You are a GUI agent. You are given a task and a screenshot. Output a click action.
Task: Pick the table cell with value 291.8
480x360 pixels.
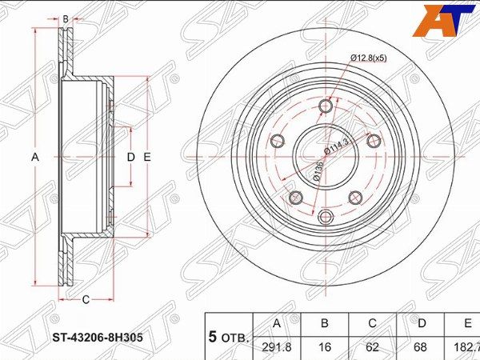pyautogui.click(x=277, y=348)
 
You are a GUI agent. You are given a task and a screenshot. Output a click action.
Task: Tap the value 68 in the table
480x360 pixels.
pyautogui.click(x=421, y=348)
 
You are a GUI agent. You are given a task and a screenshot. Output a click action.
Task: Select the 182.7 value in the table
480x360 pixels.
pyautogui.click(x=466, y=348)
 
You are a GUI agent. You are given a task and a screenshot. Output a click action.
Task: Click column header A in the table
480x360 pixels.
pyautogui.click(x=277, y=323)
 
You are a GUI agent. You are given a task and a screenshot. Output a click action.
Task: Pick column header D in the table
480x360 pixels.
pyautogui.click(x=421, y=323)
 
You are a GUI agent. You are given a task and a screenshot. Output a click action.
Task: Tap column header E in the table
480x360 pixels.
pyautogui.click(x=467, y=323)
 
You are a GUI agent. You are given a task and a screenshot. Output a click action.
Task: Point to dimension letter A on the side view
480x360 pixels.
pyautogui.click(x=34, y=158)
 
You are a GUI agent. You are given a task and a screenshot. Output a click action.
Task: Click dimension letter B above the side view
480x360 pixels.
pyautogui.click(x=66, y=17)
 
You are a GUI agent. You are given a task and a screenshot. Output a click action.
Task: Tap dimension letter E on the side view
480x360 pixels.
pyautogui.click(x=148, y=158)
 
